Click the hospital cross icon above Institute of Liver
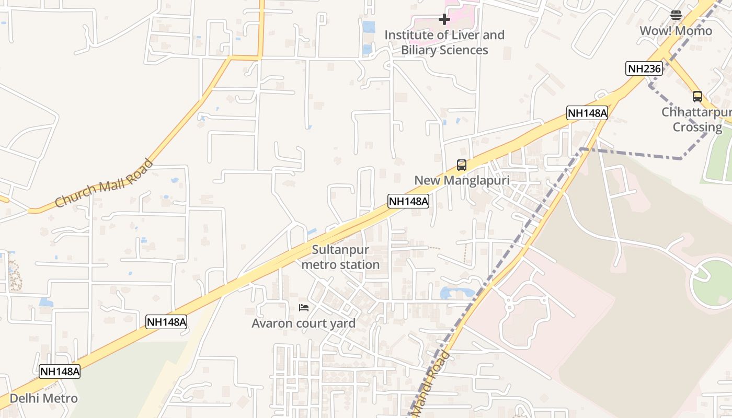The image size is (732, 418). (444, 20)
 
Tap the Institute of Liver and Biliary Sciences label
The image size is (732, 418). (444, 42)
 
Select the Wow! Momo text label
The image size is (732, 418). (676, 31)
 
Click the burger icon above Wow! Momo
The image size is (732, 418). (676, 15)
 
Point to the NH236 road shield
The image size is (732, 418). (644, 68)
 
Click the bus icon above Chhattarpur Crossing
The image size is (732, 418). (697, 97)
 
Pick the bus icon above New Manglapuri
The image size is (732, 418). (461, 165)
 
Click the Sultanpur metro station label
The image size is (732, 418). (340, 257)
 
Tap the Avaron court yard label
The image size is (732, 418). (303, 323)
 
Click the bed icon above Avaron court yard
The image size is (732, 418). (303, 308)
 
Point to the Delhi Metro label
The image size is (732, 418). (43, 398)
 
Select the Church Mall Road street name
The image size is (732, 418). (104, 183)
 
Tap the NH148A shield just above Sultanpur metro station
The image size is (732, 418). (408, 201)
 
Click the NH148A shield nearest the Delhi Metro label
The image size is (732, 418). (60, 371)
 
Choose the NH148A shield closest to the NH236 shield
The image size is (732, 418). (587, 113)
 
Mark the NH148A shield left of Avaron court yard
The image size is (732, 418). (166, 322)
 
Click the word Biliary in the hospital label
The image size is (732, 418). (422, 50)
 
